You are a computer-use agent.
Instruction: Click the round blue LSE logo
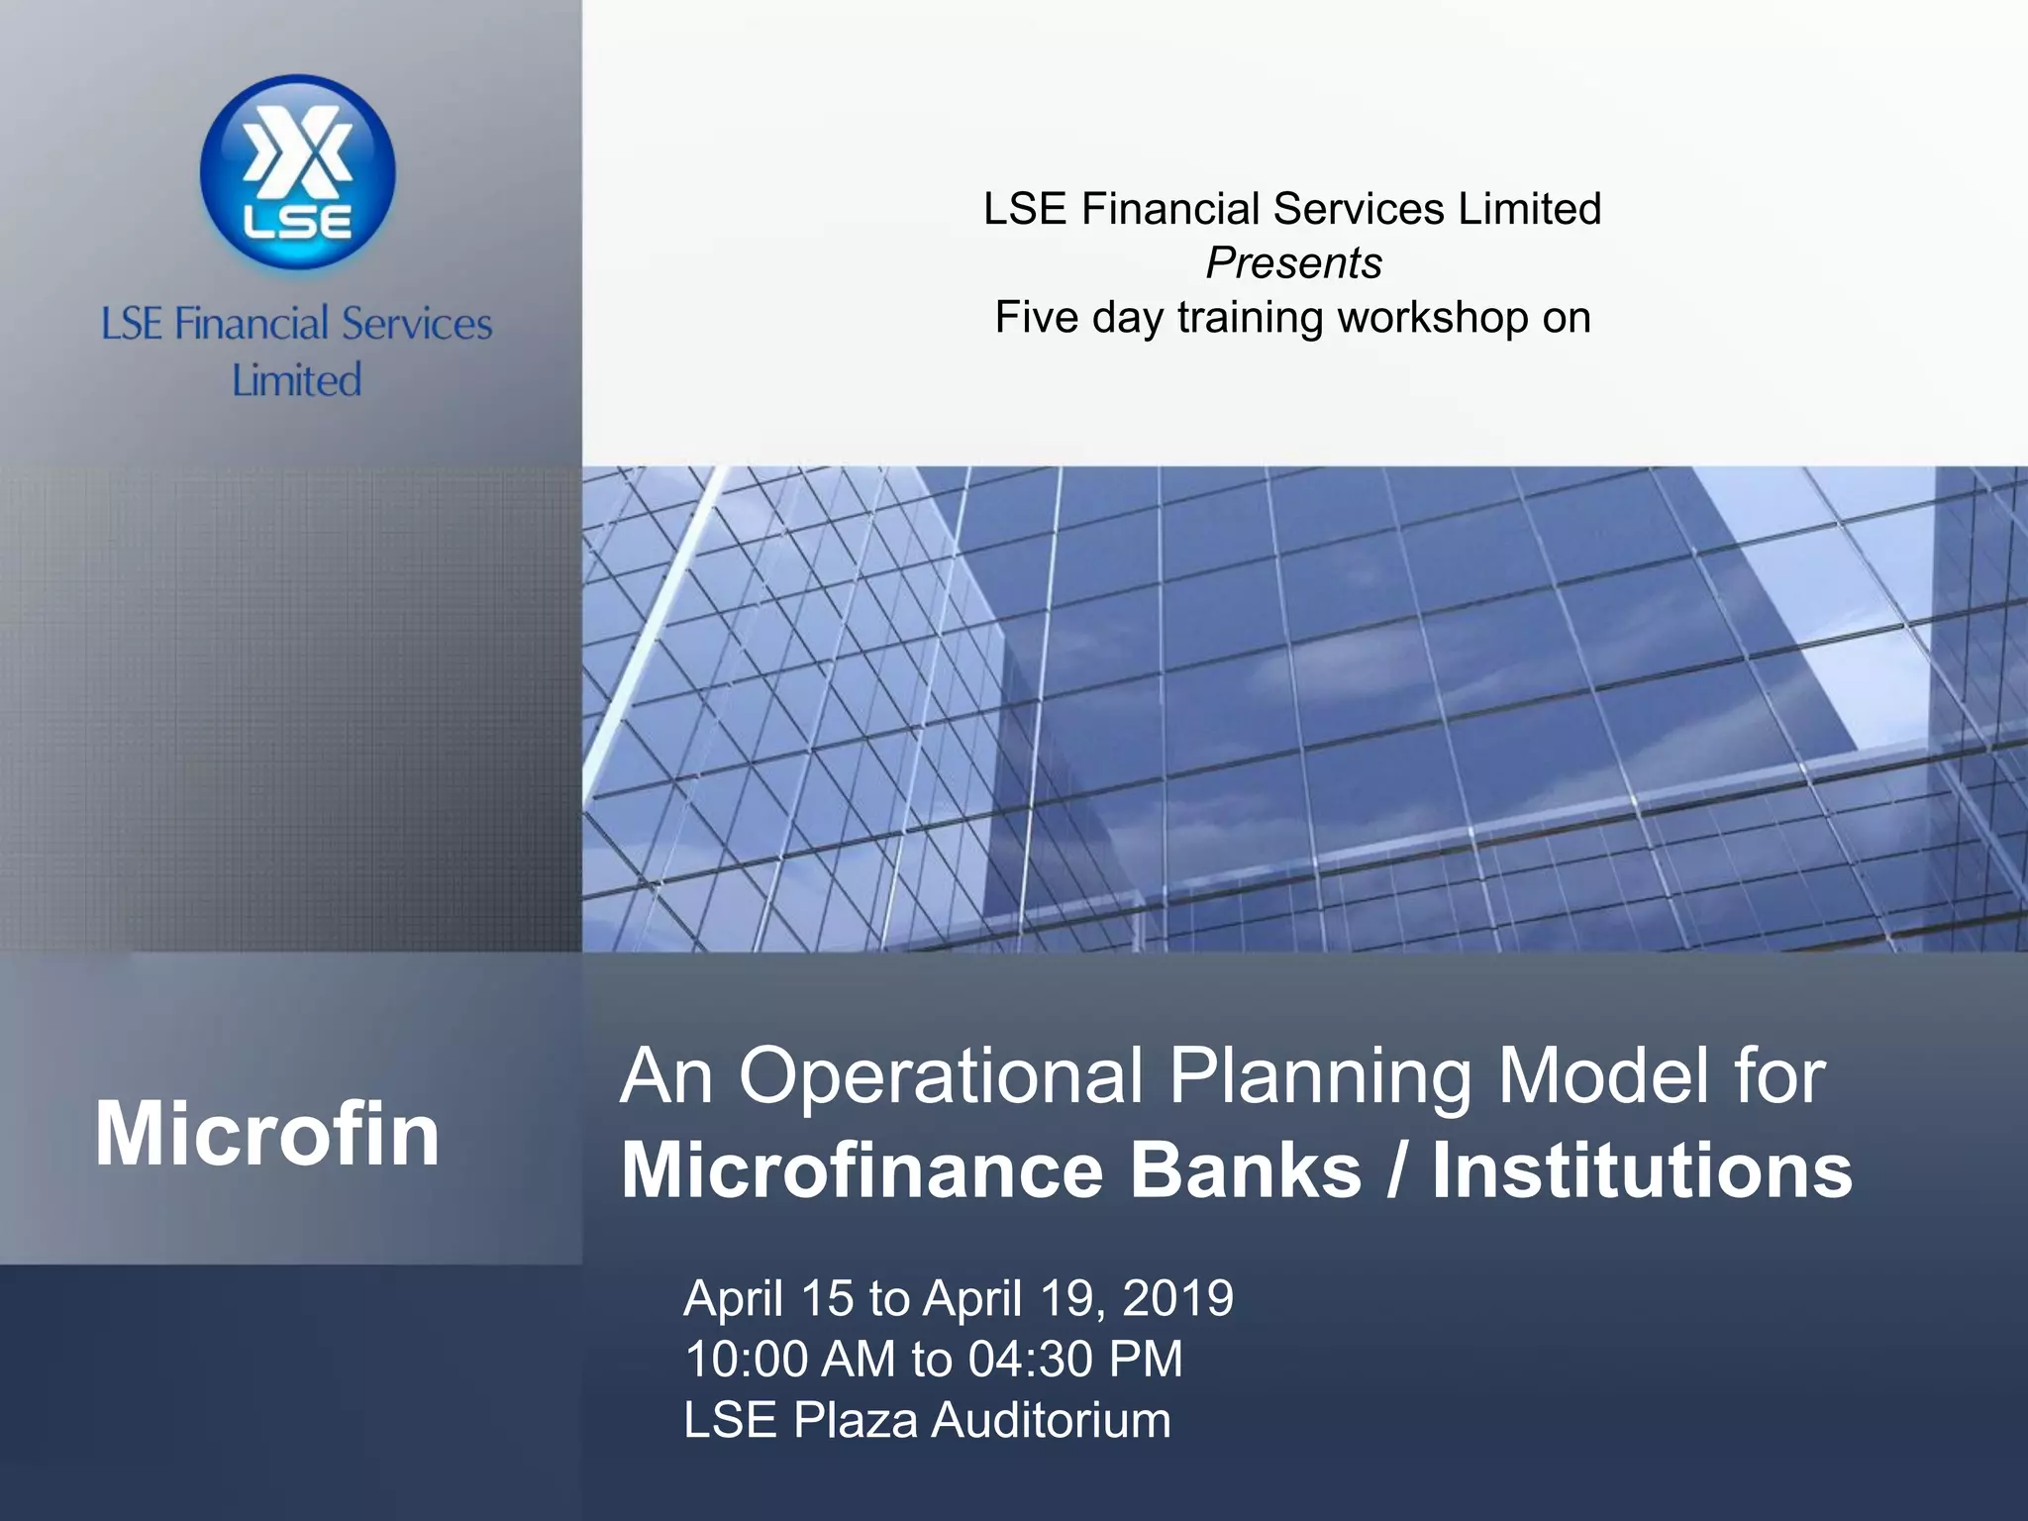[297, 172]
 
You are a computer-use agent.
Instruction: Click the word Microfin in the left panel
[267, 1135]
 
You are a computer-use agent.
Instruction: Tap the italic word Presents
[1293, 263]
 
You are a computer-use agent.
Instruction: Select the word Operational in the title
[941, 1077]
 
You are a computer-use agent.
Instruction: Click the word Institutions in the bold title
[1642, 1171]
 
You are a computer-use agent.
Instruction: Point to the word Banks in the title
[1246, 1171]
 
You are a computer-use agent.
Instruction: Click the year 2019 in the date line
[1178, 1298]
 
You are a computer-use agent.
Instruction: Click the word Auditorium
[1051, 1420]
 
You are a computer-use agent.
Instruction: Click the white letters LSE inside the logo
[297, 222]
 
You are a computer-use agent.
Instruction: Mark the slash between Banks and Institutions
[1396, 1171]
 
